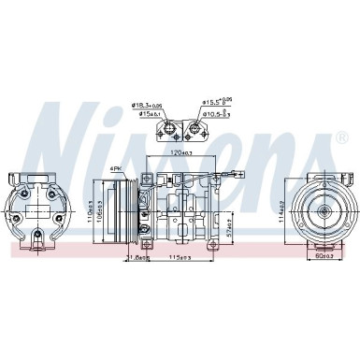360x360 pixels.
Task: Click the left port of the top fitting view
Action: tap(170, 129)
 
